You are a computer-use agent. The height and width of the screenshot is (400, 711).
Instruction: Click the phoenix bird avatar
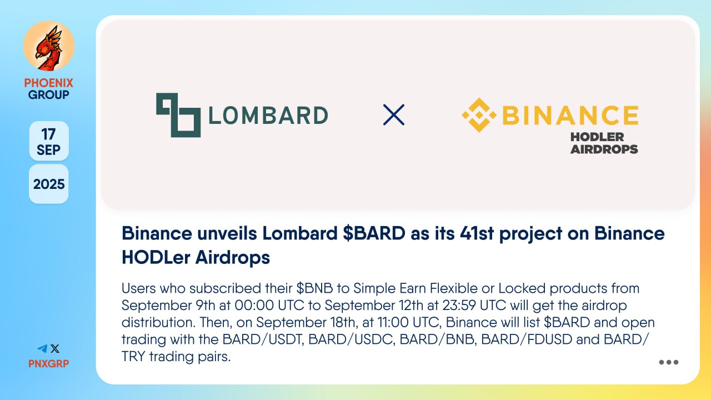click(49, 46)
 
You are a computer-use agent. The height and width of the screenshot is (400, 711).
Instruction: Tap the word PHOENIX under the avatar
click(48, 83)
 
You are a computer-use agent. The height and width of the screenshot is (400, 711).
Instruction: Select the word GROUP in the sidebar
click(48, 94)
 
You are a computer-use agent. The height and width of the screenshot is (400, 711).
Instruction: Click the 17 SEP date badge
click(49, 141)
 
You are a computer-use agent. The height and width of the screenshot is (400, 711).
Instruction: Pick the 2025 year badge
click(49, 184)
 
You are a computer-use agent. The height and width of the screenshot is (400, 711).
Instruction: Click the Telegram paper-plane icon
click(42, 348)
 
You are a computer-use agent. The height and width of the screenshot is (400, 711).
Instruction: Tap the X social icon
click(55, 348)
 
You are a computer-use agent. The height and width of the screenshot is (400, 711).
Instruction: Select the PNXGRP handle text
click(48, 363)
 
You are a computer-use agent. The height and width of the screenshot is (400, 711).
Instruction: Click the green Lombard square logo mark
click(178, 115)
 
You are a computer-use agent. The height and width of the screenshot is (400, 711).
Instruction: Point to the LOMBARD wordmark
click(268, 115)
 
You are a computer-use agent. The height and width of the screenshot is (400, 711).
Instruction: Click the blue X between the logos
click(394, 114)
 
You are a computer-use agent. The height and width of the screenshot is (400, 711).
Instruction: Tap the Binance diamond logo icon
click(479, 115)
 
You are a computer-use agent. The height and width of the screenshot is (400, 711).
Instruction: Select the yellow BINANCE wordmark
click(570, 115)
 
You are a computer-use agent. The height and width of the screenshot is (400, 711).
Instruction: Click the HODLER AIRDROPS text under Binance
click(604, 143)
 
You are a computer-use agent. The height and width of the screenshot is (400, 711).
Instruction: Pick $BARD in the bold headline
click(374, 234)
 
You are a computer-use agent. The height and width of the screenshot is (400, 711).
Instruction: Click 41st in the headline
click(477, 234)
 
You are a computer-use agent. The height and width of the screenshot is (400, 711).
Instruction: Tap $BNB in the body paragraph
click(314, 288)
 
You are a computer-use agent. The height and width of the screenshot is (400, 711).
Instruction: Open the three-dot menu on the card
click(668, 362)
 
